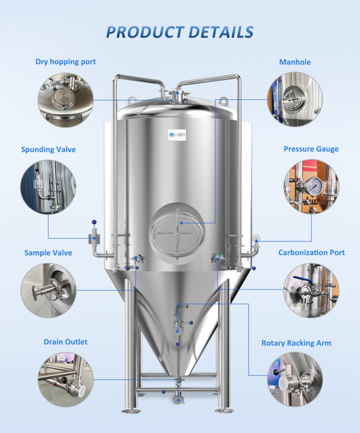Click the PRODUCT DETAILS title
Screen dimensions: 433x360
point(180,32)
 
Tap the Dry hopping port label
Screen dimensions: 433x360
point(65,62)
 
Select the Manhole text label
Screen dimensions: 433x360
point(295,62)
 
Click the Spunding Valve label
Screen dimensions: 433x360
point(49,149)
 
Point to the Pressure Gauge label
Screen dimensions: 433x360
point(311,149)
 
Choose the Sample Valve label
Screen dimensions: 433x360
point(48,253)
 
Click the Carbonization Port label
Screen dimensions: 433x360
point(311,252)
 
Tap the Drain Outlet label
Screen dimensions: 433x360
point(65,341)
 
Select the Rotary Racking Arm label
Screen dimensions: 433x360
point(296,343)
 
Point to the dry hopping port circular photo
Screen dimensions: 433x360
point(65,100)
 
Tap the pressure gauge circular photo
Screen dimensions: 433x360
point(311,186)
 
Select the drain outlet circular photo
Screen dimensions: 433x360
point(65,380)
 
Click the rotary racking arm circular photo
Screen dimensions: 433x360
point(295,379)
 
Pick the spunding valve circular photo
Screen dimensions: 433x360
point(48,186)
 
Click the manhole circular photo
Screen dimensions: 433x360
point(295,100)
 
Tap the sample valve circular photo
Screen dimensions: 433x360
point(48,290)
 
